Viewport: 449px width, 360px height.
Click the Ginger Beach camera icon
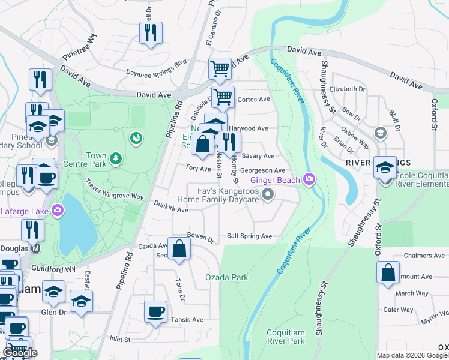point(309,179)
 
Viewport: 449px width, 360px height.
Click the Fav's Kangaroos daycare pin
point(268,194)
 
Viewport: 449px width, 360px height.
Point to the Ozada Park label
point(226,277)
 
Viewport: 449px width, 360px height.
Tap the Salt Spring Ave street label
point(249,236)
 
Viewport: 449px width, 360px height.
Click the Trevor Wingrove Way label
point(114,189)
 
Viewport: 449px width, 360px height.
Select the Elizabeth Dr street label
point(348,89)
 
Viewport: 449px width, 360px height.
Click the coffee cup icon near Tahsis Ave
point(156,311)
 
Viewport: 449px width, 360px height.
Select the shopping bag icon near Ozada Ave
point(179,248)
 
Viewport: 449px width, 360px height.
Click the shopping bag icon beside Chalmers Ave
point(388,272)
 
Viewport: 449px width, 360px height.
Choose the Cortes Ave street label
point(254,100)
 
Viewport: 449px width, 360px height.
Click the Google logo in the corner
point(20,353)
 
